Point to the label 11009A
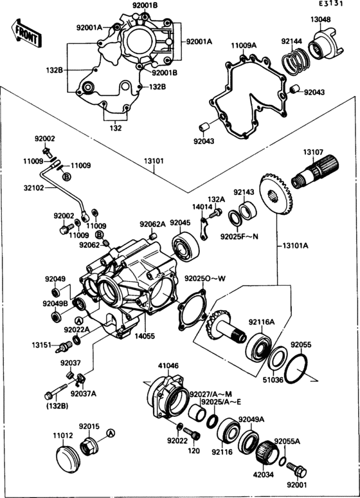click(x=244, y=46)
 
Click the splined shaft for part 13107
click(x=315, y=174)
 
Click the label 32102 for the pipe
click(x=17, y=189)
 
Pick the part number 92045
click(x=180, y=223)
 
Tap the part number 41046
click(x=168, y=365)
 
